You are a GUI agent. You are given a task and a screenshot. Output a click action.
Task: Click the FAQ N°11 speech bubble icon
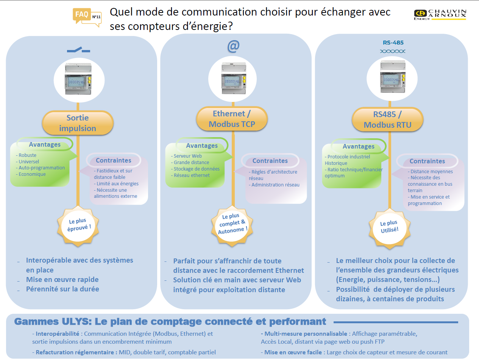pyautogui.click(x=87, y=17)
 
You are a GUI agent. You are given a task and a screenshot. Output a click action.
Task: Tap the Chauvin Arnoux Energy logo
pyautogui.click(x=440, y=15)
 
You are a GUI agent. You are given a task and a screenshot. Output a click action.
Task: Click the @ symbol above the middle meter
pyautogui.click(x=233, y=46)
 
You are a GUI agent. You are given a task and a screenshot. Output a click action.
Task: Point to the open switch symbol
pyautogui.click(x=78, y=50)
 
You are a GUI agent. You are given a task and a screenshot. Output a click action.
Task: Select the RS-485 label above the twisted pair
pyautogui.click(x=393, y=42)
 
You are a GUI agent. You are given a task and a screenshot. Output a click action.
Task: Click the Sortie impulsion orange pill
pyautogui.click(x=78, y=123)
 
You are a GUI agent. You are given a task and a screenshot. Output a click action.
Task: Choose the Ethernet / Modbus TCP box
pyautogui.click(x=232, y=119)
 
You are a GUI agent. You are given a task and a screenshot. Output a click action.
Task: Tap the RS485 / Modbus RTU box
pyautogui.click(x=387, y=120)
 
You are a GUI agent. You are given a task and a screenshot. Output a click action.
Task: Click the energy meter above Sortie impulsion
pyautogui.click(x=78, y=79)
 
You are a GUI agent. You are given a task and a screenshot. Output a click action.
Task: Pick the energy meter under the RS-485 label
pyautogui.click(x=393, y=77)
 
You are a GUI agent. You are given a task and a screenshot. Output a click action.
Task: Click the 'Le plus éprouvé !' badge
pyautogui.click(x=78, y=226)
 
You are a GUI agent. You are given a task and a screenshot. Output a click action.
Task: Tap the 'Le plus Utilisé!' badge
pyautogui.click(x=390, y=229)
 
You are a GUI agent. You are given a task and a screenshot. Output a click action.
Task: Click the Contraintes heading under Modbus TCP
pyautogui.click(x=270, y=161)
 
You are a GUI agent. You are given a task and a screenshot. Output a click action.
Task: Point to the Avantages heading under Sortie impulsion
pyautogui.click(x=45, y=144)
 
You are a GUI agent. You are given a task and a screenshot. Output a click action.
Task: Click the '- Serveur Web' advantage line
pyautogui.click(x=186, y=156)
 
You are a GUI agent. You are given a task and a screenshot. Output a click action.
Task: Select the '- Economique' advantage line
pyautogui.click(x=31, y=174)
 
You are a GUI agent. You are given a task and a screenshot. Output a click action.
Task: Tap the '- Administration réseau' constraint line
pyautogui.click(x=274, y=185)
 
